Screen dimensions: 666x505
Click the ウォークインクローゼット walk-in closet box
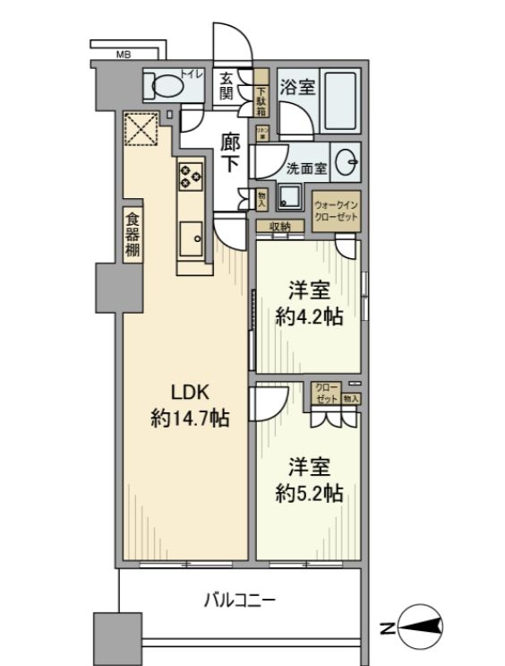point(336,212)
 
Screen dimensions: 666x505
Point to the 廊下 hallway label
point(230,152)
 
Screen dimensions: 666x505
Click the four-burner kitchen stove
point(191,175)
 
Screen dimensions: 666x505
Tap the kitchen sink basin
point(191,238)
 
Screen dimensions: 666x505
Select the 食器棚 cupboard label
point(132,236)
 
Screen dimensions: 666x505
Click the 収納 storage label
point(278,227)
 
